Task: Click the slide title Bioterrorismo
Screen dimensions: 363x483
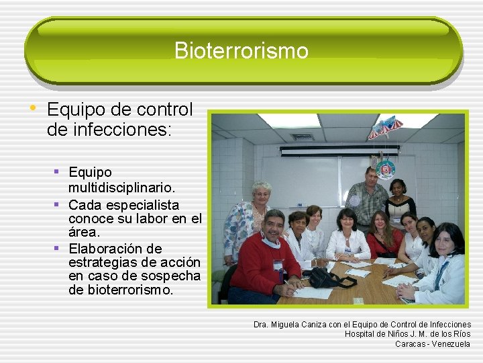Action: (x=241, y=50)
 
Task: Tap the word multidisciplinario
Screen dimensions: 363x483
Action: (x=121, y=186)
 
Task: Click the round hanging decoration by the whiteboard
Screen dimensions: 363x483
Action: (x=386, y=169)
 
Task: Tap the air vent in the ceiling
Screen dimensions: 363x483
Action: (x=302, y=137)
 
